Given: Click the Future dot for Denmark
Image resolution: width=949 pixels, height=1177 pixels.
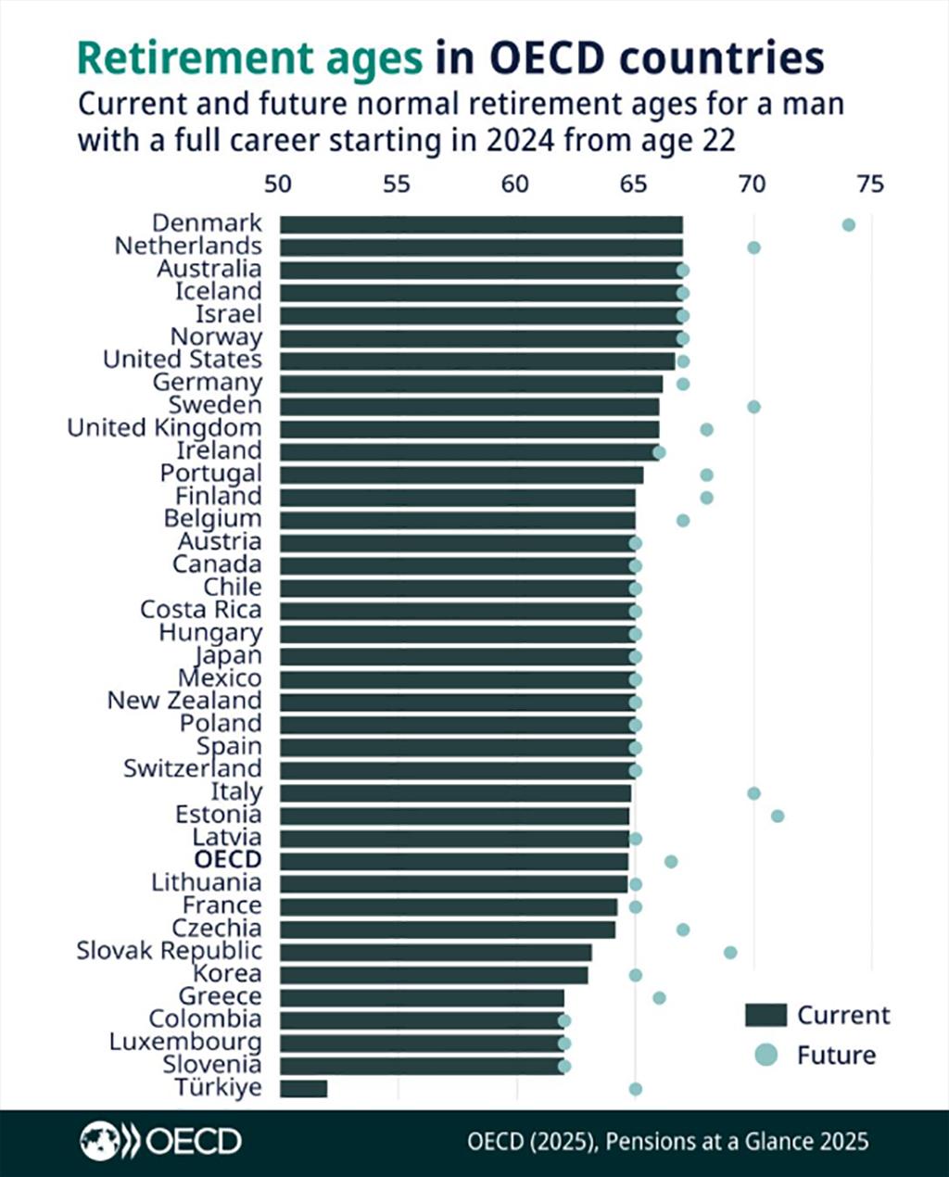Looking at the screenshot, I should point(848,224).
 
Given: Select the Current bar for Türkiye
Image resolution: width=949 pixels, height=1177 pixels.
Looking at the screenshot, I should point(303,1088).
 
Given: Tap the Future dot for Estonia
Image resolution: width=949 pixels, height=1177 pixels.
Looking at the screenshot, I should point(778,816).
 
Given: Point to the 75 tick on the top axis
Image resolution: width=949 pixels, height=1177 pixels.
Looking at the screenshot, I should point(870,184).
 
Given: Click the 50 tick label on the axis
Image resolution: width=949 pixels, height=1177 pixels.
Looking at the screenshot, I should point(278,184).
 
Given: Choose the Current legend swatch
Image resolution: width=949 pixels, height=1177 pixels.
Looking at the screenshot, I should point(766,1016).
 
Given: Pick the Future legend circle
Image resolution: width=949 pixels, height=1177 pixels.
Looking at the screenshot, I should point(766,1055).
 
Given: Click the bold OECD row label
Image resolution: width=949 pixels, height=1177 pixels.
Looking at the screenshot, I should point(228,860).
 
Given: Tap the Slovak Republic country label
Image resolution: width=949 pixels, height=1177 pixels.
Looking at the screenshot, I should point(169,951).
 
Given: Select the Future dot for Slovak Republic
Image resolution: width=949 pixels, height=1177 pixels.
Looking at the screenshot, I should point(730,952).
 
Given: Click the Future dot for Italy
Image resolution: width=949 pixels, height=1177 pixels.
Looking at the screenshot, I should point(753,792).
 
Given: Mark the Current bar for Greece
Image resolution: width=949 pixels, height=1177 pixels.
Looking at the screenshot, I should point(422,997).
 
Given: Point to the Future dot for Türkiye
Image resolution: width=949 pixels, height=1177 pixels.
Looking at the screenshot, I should point(635,1088).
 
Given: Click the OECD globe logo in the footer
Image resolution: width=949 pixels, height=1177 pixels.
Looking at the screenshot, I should point(99,1141).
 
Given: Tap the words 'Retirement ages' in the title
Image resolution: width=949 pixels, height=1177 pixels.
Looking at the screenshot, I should point(249,58).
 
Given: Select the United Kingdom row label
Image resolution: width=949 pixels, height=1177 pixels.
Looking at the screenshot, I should point(164,428).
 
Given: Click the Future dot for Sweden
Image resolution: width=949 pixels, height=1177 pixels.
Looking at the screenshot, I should point(753,406).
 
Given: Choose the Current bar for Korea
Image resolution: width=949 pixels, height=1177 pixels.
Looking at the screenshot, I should point(434,974).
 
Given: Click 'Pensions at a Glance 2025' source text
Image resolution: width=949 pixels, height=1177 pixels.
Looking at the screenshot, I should point(737,1141).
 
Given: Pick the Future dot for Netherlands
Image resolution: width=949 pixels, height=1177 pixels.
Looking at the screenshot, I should point(753,247).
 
